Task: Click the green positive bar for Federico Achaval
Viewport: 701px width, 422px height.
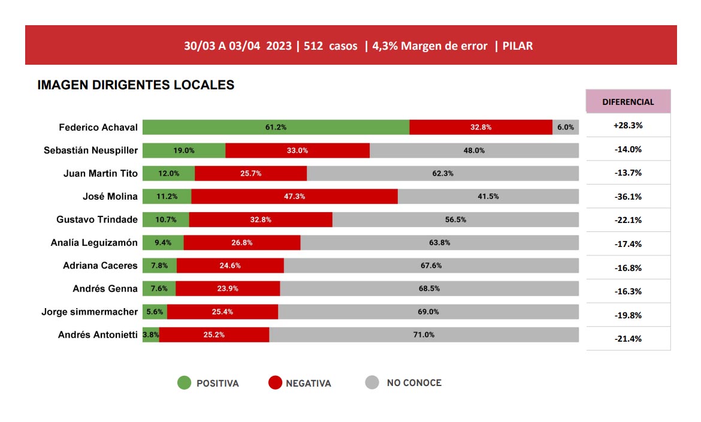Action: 276,127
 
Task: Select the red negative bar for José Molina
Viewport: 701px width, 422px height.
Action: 294,197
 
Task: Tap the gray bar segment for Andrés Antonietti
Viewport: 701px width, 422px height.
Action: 424,334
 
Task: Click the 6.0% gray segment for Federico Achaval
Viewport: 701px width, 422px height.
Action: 566,127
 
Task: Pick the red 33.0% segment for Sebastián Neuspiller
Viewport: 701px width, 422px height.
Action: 297,150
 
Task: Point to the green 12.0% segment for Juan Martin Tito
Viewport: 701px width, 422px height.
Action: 168,173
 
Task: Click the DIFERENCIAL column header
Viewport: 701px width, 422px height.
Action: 628,102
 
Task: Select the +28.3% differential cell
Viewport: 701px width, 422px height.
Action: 628,126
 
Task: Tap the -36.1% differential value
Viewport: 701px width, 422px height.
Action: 628,197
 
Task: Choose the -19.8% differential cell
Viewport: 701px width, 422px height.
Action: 628,315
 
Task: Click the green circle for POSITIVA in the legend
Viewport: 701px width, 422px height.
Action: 185,383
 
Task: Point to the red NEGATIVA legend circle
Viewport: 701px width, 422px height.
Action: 274,383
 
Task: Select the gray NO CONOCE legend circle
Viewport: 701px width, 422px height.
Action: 372,382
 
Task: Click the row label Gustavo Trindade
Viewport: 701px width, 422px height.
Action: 97,219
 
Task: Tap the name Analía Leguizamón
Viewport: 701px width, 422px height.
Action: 95,243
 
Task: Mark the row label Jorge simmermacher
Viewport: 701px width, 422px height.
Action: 90,312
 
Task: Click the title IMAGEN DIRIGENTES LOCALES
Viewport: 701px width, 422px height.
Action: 136,85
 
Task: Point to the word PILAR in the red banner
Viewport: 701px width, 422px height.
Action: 518,46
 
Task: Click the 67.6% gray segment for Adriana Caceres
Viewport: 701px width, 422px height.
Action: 431,266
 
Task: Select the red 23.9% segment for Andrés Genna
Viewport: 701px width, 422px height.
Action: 228,288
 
